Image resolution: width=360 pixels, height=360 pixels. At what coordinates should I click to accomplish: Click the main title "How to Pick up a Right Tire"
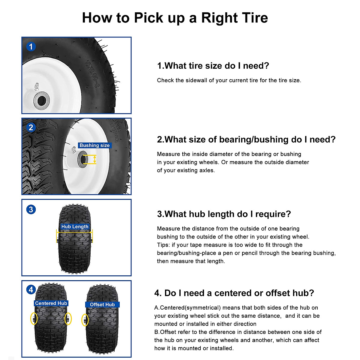(175, 18)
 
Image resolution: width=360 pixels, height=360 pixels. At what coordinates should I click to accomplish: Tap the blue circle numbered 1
(31, 47)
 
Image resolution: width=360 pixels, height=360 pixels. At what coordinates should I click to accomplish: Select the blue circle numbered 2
(31, 127)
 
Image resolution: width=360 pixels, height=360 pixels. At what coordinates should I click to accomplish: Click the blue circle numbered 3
(31, 209)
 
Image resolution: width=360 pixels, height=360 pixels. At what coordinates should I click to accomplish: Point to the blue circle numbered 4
(31, 290)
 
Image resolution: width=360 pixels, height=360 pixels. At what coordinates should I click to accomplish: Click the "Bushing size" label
(94, 145)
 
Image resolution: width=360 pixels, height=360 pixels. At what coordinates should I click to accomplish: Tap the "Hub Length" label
(75, 227)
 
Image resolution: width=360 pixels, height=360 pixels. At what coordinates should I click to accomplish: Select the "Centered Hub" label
(51, 303)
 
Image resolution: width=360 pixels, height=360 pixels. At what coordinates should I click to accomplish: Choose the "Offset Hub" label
(102, 304)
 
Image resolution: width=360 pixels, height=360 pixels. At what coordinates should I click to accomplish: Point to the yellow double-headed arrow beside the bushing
(95, 159)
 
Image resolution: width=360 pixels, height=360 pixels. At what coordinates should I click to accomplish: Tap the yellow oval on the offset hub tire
(85, 320)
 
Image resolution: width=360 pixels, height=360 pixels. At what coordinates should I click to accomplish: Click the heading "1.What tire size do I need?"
(213, 66)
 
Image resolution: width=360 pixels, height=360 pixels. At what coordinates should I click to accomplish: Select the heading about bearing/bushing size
(246, 139)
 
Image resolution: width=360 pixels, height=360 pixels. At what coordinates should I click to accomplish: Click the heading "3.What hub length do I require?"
(224, 214)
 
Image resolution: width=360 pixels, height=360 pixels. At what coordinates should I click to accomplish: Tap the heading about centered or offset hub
(234, 293)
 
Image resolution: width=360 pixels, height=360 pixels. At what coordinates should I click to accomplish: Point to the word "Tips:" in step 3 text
(163, 245)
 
